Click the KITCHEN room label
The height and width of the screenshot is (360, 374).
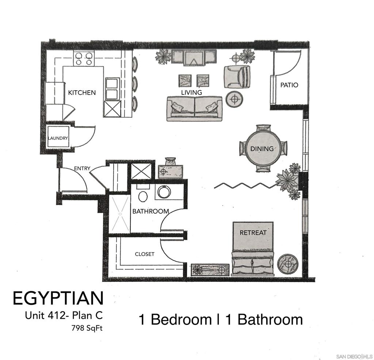[x=82, y=93]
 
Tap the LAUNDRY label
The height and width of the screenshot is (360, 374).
[x=58, y=138]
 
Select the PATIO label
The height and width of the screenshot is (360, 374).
[x=289, y=85]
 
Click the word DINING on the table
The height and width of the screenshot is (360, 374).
[x=262, y=149]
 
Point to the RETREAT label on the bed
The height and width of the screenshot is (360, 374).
[x=253, y=233]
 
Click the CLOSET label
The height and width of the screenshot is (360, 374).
[x=145, y=254]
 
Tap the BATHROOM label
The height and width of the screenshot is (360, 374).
[x=150, y=211]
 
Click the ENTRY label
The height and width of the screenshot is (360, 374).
[x=82, y=168]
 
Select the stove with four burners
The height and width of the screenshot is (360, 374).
[x=84, y=58]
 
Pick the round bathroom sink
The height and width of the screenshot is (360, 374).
[x=163, y=192]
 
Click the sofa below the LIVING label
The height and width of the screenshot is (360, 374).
[x=194, y=109]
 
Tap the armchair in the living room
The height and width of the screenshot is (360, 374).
[x=237, y=77]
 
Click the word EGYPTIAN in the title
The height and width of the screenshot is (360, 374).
[x=58, y=298]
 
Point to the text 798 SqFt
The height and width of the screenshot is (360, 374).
[x=87, y=328]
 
